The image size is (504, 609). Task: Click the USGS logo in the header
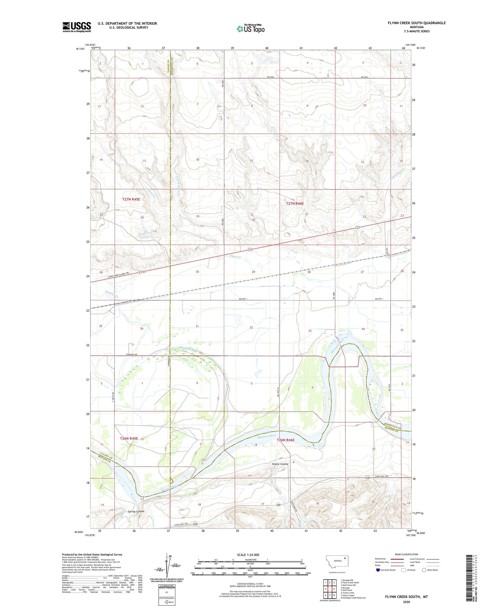point(77,27)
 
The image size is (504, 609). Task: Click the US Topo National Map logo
point(250,29)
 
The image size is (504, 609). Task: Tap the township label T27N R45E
point(131,199)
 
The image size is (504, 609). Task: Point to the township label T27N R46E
point(295,204)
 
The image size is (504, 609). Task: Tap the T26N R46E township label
point(285,440)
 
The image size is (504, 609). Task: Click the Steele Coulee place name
point(280,464)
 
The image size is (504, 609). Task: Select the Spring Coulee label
point(136,512)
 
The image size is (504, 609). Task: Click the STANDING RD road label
point(131,355)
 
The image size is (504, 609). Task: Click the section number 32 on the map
point(251,327)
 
